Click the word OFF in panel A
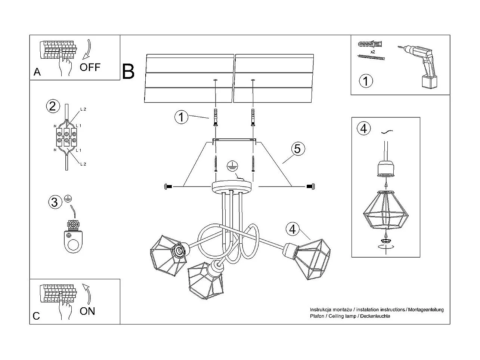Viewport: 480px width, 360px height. (90, 67)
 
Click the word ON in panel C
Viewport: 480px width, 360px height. (87, 311)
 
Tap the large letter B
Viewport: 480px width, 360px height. (128, 71)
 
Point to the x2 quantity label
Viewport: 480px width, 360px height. (373, 52)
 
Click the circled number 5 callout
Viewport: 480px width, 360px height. (298, 149)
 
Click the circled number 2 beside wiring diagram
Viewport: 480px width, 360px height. (53, 107)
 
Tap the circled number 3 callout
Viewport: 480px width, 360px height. (55, 202)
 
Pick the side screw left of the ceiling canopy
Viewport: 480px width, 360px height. (168, 187)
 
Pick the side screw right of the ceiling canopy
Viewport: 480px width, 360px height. (310, 187)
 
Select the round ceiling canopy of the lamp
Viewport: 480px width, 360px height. (232, 187)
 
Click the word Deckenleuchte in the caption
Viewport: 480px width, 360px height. (375, 316)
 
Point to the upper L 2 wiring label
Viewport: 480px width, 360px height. (83, 109)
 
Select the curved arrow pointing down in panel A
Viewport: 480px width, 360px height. (87, 49)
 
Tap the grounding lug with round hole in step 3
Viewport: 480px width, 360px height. (73, 241)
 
